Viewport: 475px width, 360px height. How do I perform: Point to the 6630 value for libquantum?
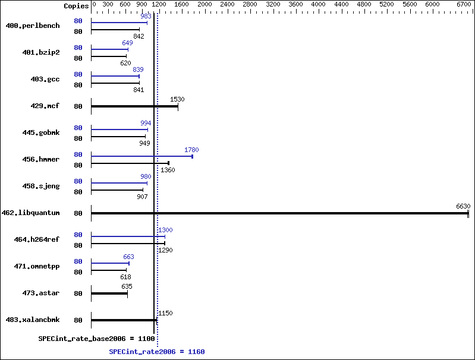click(463, 206)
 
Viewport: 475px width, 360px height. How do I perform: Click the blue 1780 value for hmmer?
click(191, 150)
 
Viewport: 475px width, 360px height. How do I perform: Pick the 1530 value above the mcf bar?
click(177, 99)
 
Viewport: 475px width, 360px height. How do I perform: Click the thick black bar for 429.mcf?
click(134, 106)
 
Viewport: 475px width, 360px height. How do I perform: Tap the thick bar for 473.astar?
click(109, 293)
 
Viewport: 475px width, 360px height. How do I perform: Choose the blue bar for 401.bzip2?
click(109, 49)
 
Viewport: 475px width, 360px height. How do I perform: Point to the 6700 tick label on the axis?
click(464, 5)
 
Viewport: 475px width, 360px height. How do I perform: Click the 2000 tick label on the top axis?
click(205, 5)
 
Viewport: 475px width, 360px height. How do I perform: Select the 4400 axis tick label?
click(341, 5)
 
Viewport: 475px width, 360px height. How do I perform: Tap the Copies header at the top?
click(76, 6)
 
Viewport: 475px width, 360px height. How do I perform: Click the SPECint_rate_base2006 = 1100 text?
click(97, 339)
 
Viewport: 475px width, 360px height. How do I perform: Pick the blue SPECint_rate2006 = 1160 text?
click(157, 352)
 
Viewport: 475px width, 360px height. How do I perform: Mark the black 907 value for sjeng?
click(142, 197)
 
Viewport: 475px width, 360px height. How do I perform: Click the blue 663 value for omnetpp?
click(128, 257)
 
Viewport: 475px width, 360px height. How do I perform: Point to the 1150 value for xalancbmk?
click(165, 313)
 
